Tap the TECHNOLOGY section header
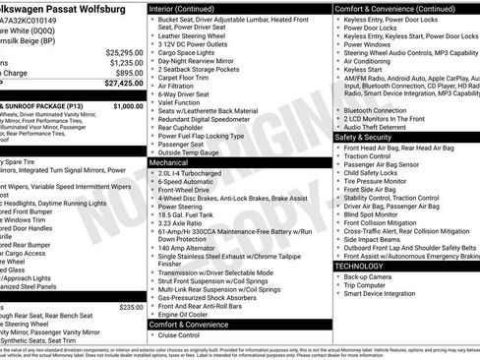coord(360,266)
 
